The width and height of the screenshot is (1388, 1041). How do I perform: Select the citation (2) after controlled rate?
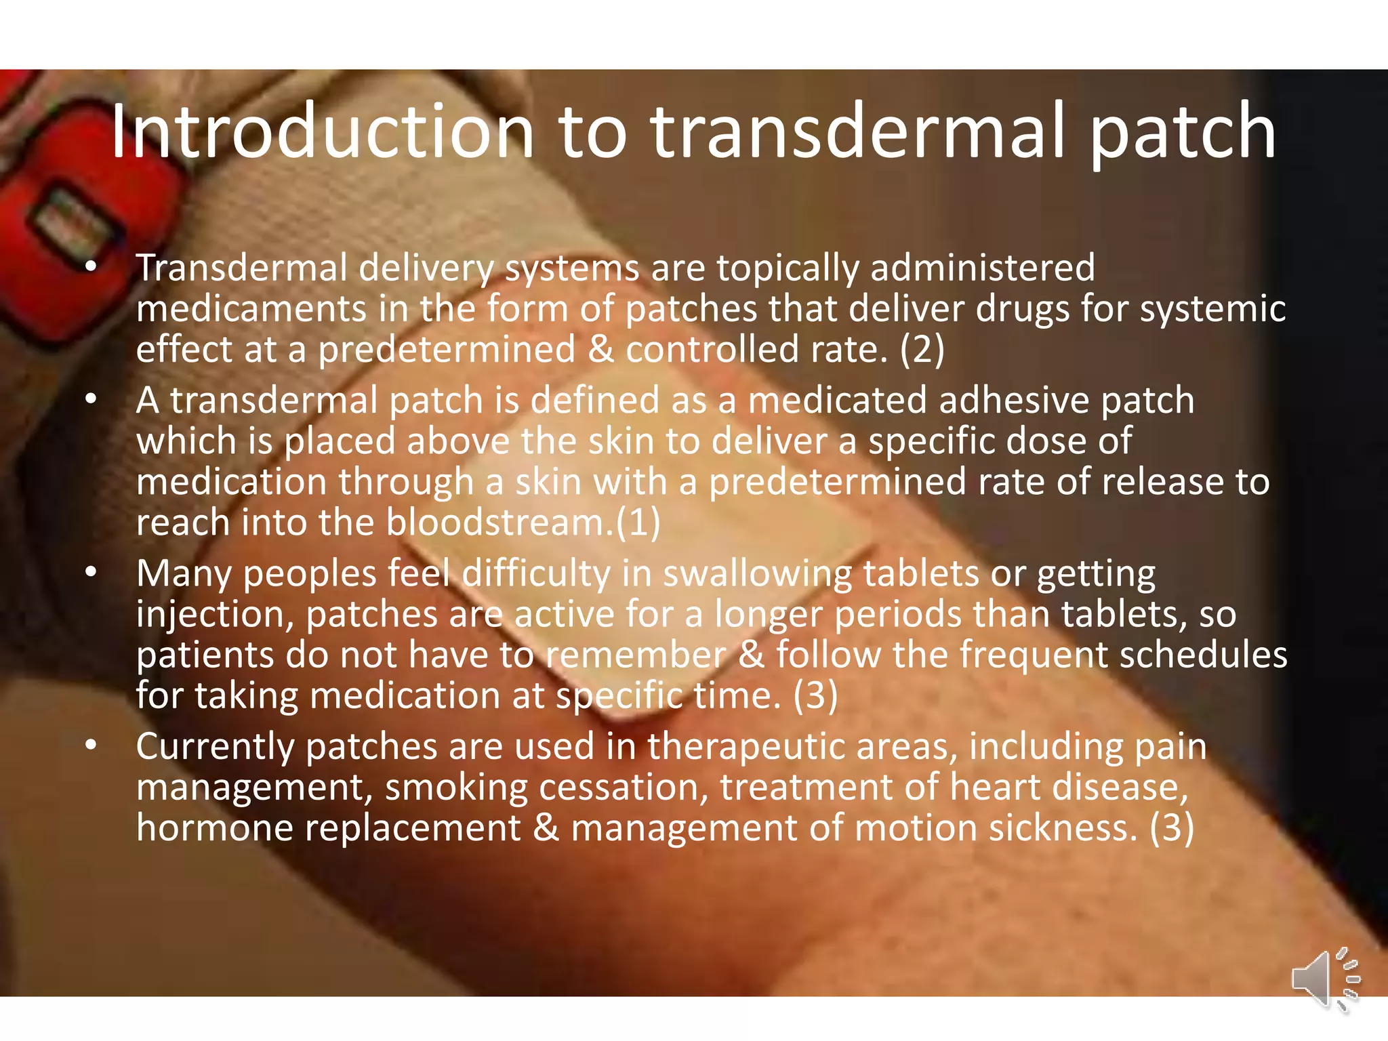(922, 350)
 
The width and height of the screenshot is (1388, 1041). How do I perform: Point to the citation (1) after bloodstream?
(638, 523)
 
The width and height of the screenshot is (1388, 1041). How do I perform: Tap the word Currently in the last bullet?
(215, 748)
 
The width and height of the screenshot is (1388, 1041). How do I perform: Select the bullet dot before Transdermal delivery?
(91, 267)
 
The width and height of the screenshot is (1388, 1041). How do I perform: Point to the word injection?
(214, 615)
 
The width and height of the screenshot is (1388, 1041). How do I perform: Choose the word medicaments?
(251, 309)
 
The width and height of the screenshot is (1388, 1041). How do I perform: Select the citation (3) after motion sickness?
(1172, 828)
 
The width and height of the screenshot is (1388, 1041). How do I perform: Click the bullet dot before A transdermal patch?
(91, 400)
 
